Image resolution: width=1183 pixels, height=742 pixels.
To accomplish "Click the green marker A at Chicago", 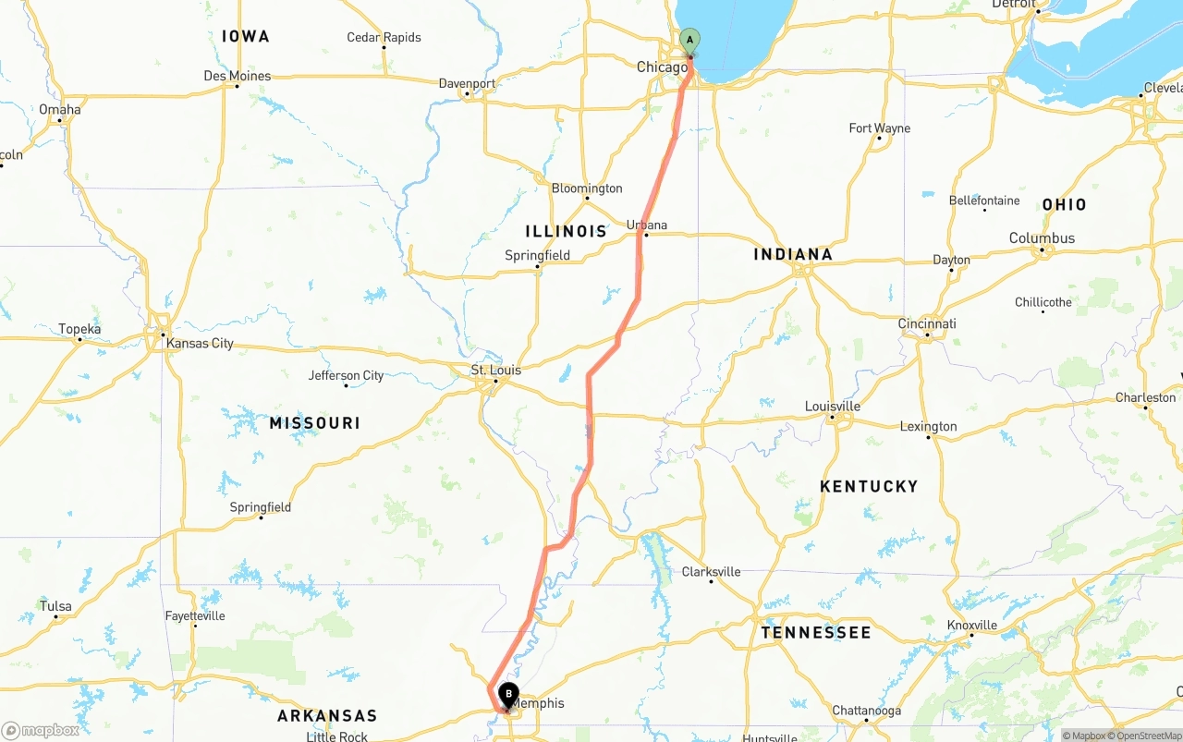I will [689, 41].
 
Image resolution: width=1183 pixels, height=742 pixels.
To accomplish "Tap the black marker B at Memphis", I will [508, 695].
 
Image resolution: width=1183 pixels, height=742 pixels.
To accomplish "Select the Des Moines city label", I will [238, 76].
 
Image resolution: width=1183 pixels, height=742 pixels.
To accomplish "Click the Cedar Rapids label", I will [384, 37].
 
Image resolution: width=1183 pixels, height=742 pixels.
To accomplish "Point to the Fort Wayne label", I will [879, 128].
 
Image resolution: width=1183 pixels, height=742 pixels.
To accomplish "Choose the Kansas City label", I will [200, 344].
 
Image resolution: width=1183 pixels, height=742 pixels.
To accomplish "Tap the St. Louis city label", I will [496, 371].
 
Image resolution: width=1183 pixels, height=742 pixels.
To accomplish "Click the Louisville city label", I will [833, 407].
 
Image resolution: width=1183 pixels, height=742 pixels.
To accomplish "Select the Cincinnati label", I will [927, 323].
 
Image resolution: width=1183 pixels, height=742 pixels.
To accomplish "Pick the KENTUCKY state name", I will [869, 486].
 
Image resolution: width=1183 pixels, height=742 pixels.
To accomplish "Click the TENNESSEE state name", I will [816, 633].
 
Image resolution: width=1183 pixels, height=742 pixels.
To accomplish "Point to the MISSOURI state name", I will [314, 423].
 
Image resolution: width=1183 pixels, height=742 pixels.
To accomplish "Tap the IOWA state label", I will [246, 36].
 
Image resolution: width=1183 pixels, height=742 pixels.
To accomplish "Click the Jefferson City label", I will [346, 375].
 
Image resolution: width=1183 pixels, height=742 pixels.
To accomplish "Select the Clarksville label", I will [711, 572].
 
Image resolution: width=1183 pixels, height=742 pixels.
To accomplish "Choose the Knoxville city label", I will [971, 626].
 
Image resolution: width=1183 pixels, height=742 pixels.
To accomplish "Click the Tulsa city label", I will [55, 607].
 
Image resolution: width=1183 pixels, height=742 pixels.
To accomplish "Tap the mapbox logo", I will [41, 730].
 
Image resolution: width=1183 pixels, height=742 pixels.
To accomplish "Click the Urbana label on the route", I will [647, 225].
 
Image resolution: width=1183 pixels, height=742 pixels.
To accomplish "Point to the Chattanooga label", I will [866, 711].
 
